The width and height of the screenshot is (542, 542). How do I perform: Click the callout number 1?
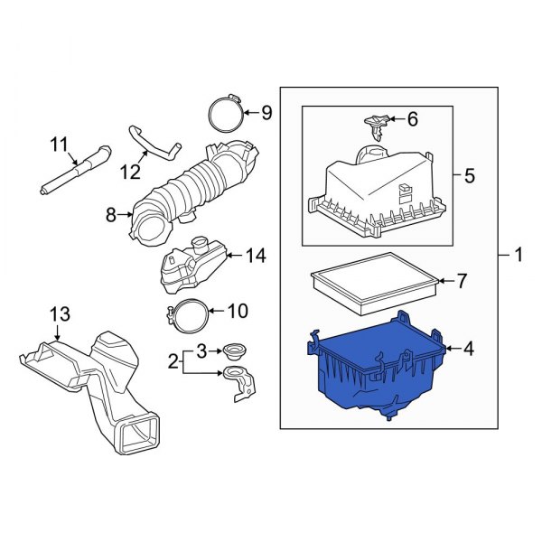[x=519, y=257]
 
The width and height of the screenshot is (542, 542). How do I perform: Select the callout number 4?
[x=469, y=348]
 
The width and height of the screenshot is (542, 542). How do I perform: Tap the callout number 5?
[x=469, y=175]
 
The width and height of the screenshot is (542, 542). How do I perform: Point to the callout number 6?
[x=413, y=118]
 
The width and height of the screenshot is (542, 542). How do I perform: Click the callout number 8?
[x=111, y=215]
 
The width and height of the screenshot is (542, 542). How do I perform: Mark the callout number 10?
[x=236, y=312]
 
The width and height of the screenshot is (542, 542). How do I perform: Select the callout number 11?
[x=59, y=143]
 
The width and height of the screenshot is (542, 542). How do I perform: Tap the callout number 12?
[x=131, y=169]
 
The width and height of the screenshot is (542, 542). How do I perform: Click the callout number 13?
[x=59, y=313]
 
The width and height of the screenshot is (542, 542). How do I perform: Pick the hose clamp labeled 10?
[x=186, y=315]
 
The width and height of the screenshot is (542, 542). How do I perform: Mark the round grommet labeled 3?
[x=235, y=350]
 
